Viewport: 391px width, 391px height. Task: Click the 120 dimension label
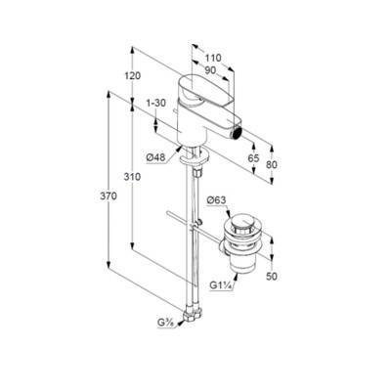coord(133,76)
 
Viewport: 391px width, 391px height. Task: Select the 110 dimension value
coord(213,58)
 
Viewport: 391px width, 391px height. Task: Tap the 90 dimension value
coord(210,70)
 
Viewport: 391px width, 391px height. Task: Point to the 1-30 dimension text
coord(156,103)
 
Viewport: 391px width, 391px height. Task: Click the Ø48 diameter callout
coord(155,157)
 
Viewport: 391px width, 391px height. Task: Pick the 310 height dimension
coord(132,177)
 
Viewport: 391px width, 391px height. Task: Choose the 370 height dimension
coord(109,196)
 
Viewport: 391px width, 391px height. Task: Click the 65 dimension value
coord(253,158)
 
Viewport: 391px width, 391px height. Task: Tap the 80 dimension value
coord(271,165)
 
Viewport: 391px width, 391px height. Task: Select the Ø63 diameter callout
coord(216,200)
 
